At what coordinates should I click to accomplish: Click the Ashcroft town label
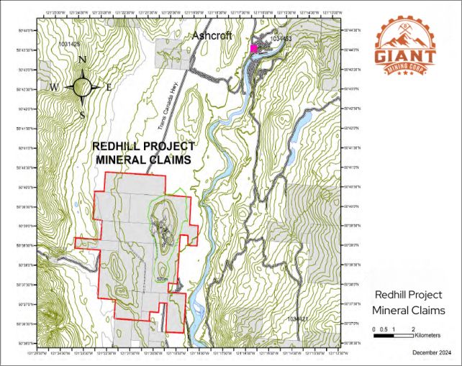click(x=212, y=37)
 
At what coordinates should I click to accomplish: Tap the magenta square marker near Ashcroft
click(x=253, y=48)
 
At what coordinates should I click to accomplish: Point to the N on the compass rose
click(x=82, y=60)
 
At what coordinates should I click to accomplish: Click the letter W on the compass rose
click(x=54, y=88)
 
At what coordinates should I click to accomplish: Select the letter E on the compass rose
click(x=109, y=87)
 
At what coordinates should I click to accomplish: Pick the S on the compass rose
click(x=82, y=114)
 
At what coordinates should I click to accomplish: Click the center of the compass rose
click(x=82, y=86)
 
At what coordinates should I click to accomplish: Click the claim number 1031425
click(x=68, y=44)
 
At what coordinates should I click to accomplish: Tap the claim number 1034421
click(x=296, y=318)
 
